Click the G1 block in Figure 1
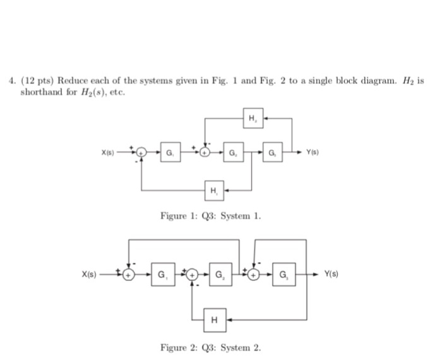pos(170,152)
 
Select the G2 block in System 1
pos(233,152)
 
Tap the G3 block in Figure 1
pos(272,152)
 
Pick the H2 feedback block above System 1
pos(253,117)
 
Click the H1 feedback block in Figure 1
pos(213,189)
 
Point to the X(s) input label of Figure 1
pos(109,152)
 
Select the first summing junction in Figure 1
pos(142,152)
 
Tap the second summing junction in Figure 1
pos(205,152)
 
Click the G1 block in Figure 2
pos(162,275)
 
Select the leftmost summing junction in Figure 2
pos(129,275)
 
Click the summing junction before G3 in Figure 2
pos(253,275)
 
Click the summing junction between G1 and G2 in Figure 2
pos(192,275)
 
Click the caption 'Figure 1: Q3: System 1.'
pos(210,217)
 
